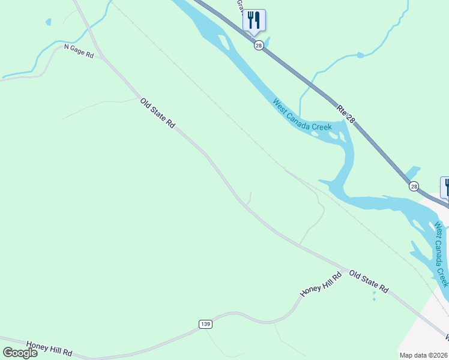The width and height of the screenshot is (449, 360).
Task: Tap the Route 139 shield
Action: coord(205,324)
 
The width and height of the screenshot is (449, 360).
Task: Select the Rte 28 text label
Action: coord(346,114)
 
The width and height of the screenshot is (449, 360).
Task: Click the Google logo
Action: coord(19,352)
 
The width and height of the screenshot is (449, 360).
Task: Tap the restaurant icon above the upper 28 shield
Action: coord(254,20)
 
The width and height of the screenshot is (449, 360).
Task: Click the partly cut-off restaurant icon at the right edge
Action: coord(445,186)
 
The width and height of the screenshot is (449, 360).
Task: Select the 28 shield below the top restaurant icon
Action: coord(259,46)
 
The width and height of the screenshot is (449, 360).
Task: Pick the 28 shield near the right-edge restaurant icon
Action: coord(414,187)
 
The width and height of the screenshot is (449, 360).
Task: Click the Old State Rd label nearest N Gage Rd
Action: coord(157,113)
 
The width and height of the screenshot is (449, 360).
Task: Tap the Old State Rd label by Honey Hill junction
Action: coord(369,281)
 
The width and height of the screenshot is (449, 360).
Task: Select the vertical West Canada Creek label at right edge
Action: coord(441,254)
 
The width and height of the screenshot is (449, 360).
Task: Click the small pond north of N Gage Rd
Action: coord(48,22)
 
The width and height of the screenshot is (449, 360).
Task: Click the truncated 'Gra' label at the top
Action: coord(240,5)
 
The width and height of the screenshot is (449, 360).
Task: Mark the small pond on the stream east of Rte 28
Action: coord(360,55)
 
